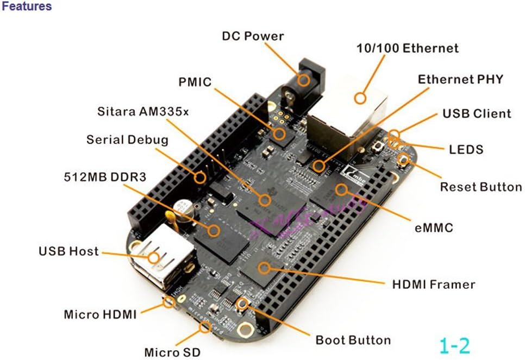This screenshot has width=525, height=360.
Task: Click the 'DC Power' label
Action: pyautogui.click(x=253, y=36)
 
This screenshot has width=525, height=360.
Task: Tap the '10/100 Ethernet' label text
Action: pyautogui.click(x=407, y=48)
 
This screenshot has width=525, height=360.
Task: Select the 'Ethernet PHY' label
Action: pyautogui.click(x=460, y=79)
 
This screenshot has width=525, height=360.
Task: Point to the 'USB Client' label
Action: pyautogui.click(x=476, y=114)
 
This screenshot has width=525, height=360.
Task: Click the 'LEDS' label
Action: pyautogui.click(x=466, y=149)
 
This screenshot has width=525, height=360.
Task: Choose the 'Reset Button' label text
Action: pyautogui.click(x=480, y=187)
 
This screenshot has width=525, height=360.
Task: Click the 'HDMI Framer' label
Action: pyautogui.click(x=433, y=284)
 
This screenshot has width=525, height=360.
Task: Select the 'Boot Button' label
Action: pyautogui.click(x=353, y=340)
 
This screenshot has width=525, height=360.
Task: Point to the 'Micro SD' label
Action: pyautogui.click(x=172, y=352)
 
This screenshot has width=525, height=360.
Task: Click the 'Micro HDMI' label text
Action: pyautogui.click(x=100, y=314)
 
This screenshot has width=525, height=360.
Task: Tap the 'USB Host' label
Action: pyautogui.click(x=68, y=251)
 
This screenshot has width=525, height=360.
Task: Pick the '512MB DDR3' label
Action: pyautogui.click(x=104, y=177)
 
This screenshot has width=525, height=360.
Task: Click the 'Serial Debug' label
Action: pyautogui.click(x=127, y=140)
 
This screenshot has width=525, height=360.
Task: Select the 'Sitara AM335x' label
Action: pyautogui.click(x=143, y=112)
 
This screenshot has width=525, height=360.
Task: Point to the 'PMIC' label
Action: pyautogui.click(x=195, y=82)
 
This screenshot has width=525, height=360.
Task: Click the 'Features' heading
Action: pyautogui.click(x=27, y=7)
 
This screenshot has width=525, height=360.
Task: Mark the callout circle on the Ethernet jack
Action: pyautogui.click(x=359, y=98)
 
